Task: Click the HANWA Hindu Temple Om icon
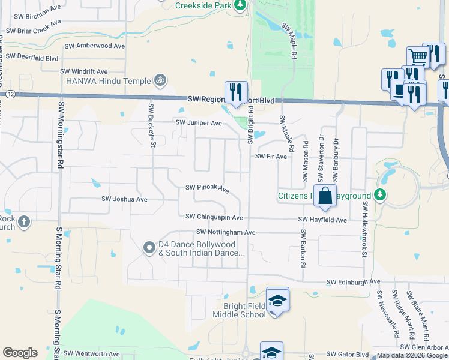click(160, 79)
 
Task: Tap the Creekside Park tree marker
click(240, 5)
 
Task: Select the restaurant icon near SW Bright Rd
click(235, 92)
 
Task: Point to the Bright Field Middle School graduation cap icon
click(277, 299)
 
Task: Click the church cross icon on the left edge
click(24, 222)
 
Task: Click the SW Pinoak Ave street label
click(207, 188)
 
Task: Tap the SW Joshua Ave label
click(124, 199)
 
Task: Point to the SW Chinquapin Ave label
click(214, 217)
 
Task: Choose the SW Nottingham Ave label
click(226, 232)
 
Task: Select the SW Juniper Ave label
click(198, 123)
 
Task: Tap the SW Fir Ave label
click(271, 156)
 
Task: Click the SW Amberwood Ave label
click(94, 46)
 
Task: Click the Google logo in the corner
click(20, 353)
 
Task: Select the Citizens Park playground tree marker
click(379, 194)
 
